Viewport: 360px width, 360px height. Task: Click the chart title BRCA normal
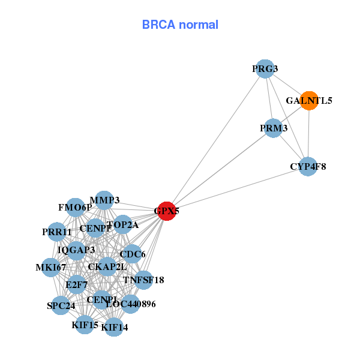pyautogui.click(x=180, y=25)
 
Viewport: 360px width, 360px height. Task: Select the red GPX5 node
pyautogui.click(x=166, y=211)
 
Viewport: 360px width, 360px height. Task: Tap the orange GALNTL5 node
pyautogui.click(x=309, y=100)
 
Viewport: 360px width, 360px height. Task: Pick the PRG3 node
pyautogui.click(x=265, y=68)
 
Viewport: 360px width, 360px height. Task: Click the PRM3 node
pyautogui.click(x=274, y=128)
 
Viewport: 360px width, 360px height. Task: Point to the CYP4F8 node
pyautogui.click(x=308, y=166)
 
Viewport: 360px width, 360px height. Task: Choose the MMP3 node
pyautogui.click(x=104, y=200)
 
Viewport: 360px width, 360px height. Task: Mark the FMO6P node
pyautogui.click(x=75, y=208)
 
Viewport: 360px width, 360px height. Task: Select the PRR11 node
pyautogui.click(x=58, y=232)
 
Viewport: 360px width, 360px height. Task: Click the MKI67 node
pyautogui.click(x=51, y=266)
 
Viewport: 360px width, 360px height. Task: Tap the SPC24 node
pyautogui.click(x=61, y=305)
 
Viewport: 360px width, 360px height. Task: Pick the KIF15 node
pyautogui.click(x=85, y=325)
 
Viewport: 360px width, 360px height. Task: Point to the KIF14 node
pyautogui.click(x=114, y=327)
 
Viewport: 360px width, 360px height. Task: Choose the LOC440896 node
pyautogui.click(x=130, y=304)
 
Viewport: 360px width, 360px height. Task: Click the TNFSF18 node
pyautogui.click(x=143, y=280)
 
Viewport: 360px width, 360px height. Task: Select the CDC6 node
pyautogui.click(x=132, y=254)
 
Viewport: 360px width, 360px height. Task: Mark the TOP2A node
pyautogui.click(x=123, y=225)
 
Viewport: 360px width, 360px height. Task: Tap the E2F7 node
pyautogui.click(x=77, y=284)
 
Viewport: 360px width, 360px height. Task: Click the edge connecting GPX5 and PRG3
pyautogui.click(x=215, y=140)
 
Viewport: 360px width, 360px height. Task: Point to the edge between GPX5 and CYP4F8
pyautogui.click(x=237, y=188)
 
